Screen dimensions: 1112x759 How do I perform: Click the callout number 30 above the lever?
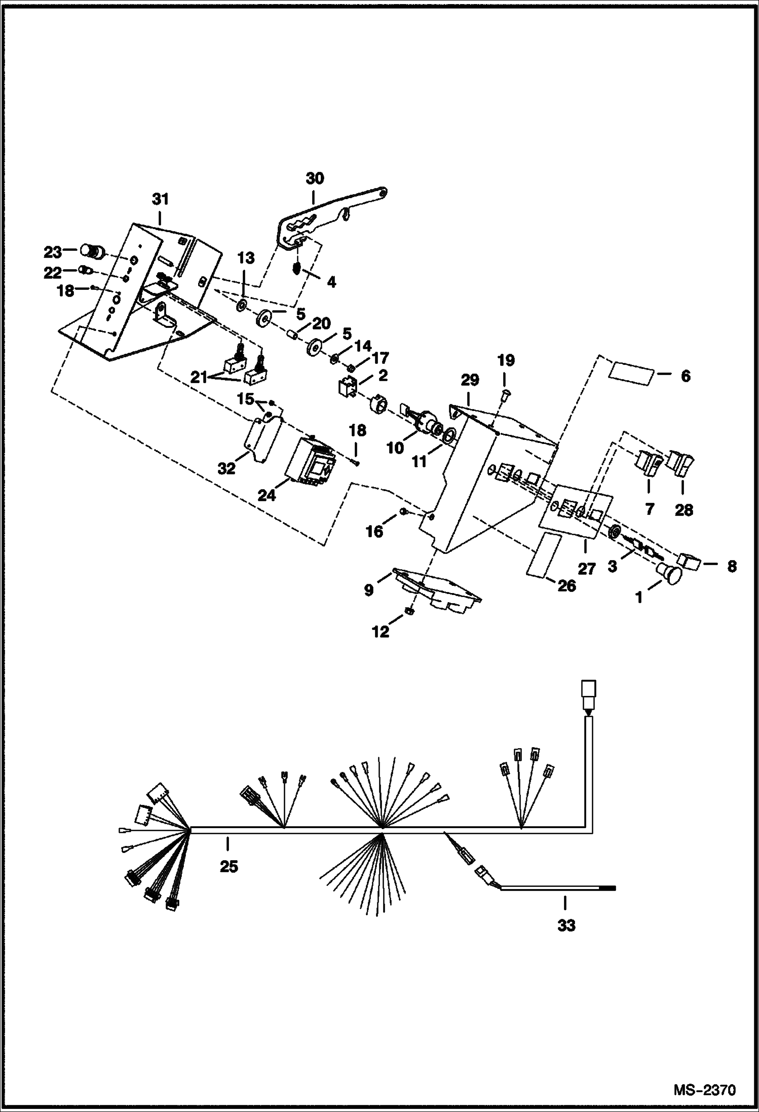tap(315, 178)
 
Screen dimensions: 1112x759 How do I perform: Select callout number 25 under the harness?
tap(229, 867)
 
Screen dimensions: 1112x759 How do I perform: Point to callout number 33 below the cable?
tap(566, 925)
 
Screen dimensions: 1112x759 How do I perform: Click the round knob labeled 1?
tap(670, 575)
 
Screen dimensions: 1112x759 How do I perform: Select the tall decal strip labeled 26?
tap(544, 554)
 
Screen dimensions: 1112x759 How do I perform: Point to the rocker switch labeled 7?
tap(648, 463)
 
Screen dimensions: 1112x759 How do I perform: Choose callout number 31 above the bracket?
tap(160, 199)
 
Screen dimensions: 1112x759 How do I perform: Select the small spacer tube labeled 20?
tap(291, 335)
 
